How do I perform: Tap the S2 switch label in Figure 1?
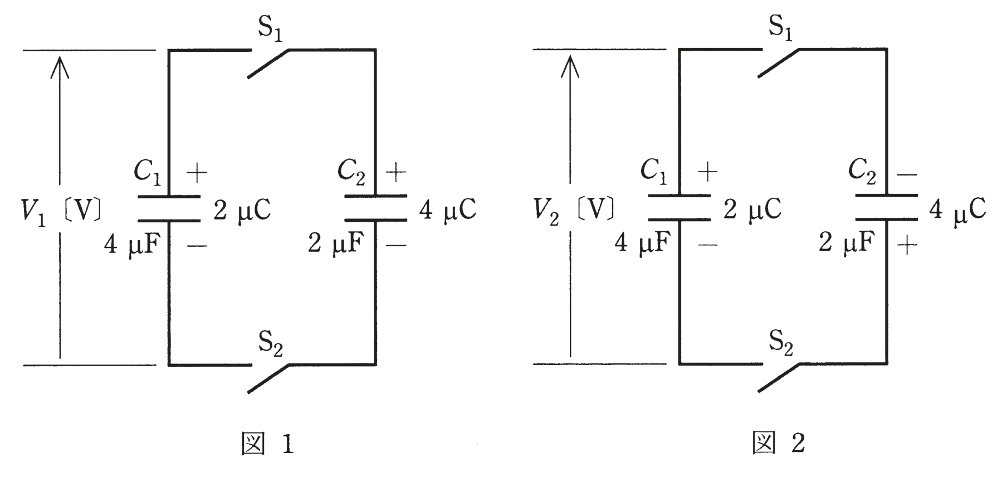pos(271,344)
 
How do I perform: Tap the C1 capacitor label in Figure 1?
pos(148,173)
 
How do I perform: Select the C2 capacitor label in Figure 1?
pos(352,173)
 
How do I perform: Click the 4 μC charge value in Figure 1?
pos(447,210)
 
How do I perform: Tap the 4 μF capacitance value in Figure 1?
pos(133,244)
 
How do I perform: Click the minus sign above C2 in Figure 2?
pos(907,175)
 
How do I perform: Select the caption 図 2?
pos(779,444)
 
